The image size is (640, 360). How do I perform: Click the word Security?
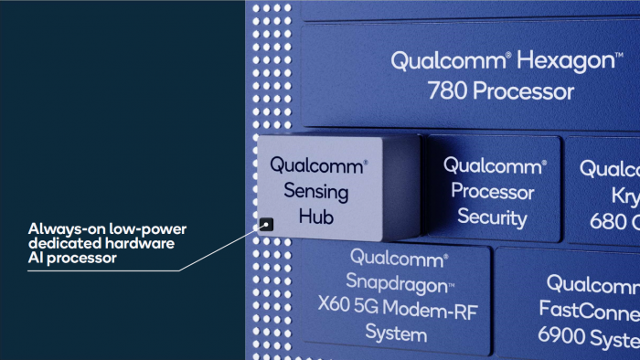click(x=492, y=217)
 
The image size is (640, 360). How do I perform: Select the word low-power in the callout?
click(x=144, y=228)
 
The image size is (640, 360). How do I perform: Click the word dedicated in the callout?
click(x=61, y=243)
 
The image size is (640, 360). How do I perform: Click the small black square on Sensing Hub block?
click(x=266, y=221)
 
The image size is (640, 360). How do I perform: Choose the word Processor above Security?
click(x=492, y=192)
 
